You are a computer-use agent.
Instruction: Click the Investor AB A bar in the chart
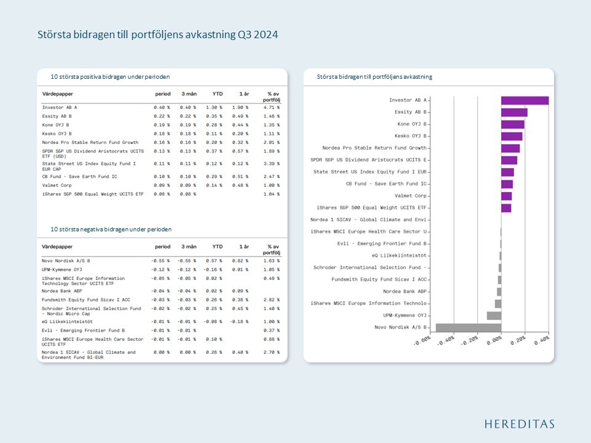point(525,100)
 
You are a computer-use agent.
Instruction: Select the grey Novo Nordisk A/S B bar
point(468,327)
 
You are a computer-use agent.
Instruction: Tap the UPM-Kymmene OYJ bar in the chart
point(494,316)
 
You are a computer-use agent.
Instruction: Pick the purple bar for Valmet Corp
point(506,196)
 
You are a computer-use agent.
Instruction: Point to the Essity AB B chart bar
point(514,113)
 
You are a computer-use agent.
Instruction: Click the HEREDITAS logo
point(519,424)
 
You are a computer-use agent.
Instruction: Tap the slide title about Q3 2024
point(158,35)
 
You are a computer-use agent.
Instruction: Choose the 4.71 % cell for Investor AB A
point(271,107)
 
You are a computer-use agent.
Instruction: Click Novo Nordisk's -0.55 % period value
point(161,261)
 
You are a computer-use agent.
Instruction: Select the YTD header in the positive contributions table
point(217,94)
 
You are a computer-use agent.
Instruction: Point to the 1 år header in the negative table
point(243,247)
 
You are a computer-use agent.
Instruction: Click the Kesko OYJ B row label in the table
point(57,134)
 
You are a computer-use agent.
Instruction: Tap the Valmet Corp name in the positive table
point(57,185)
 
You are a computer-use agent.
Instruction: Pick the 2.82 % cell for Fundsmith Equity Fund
point(271,300)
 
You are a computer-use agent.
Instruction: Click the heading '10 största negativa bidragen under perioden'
point(111,229)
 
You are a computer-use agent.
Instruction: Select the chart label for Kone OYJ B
point(412,124)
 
